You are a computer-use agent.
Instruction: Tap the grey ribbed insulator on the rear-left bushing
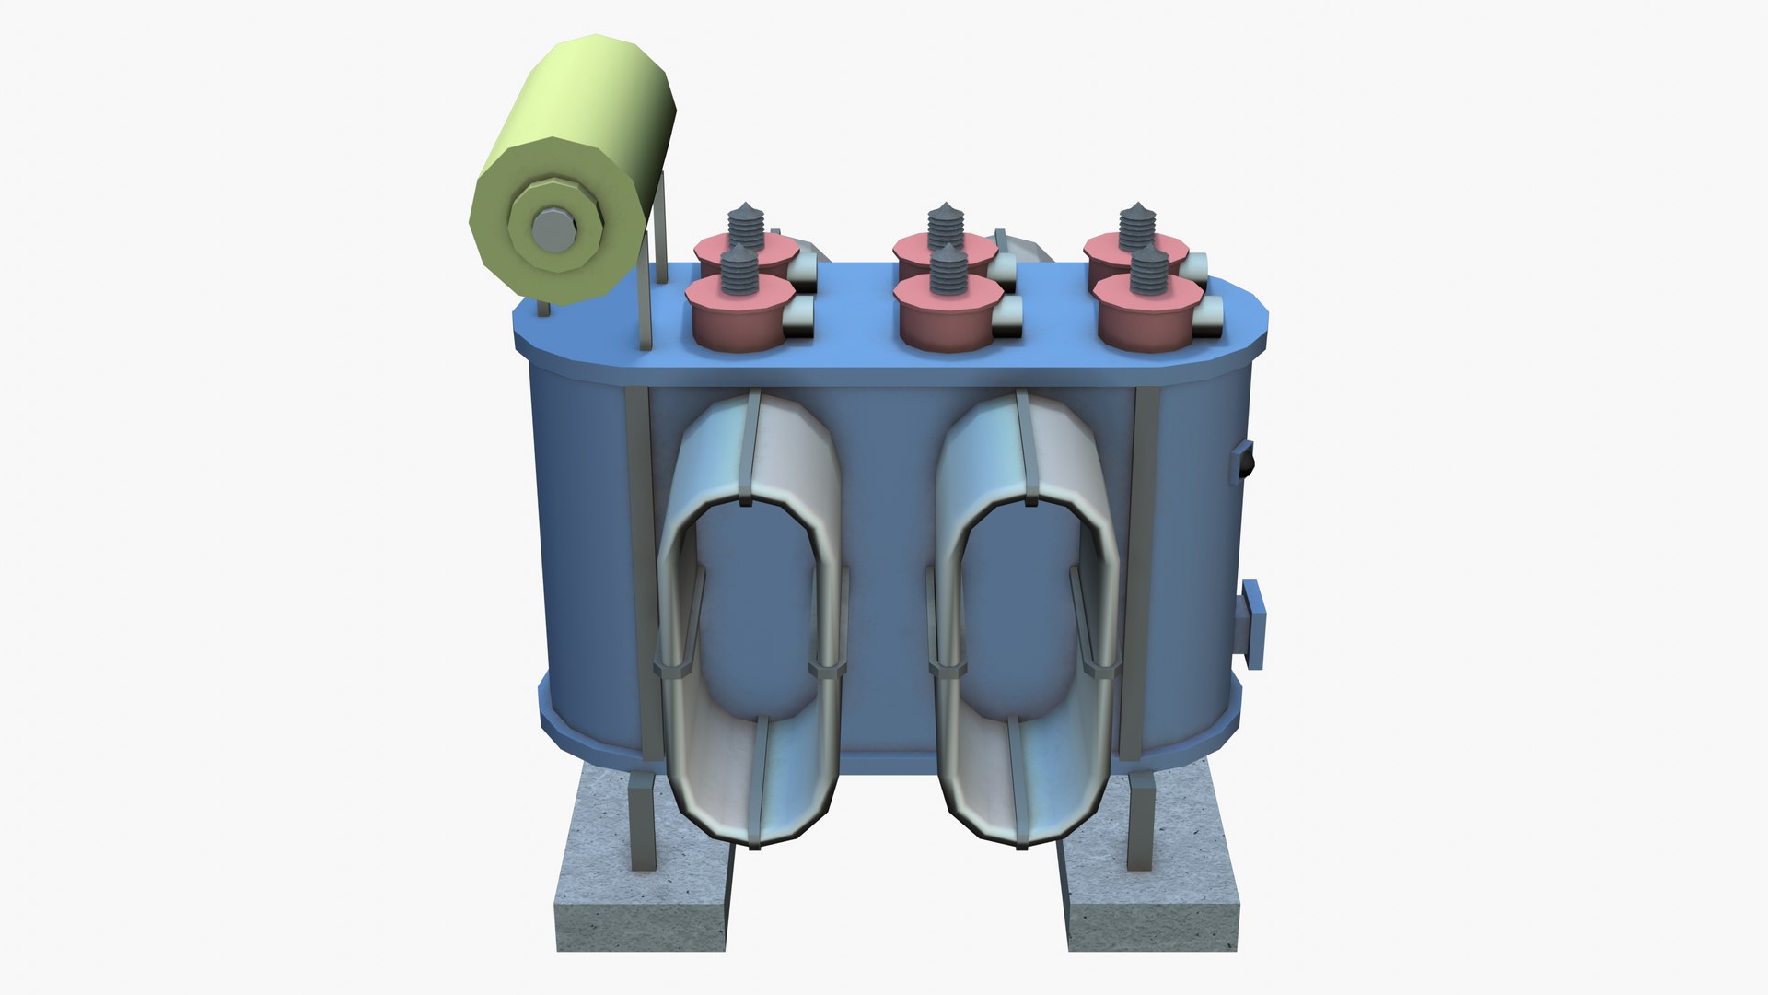pyautogui.click(x=746, y=225)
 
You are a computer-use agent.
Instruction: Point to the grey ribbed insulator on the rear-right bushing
pyautogui.click(x=1137, y=224)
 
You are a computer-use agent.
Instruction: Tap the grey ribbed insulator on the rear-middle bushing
pyautogui.click(x=945, y=225)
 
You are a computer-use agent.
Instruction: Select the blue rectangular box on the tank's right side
pyautogui.click(x=1251, y=625)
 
